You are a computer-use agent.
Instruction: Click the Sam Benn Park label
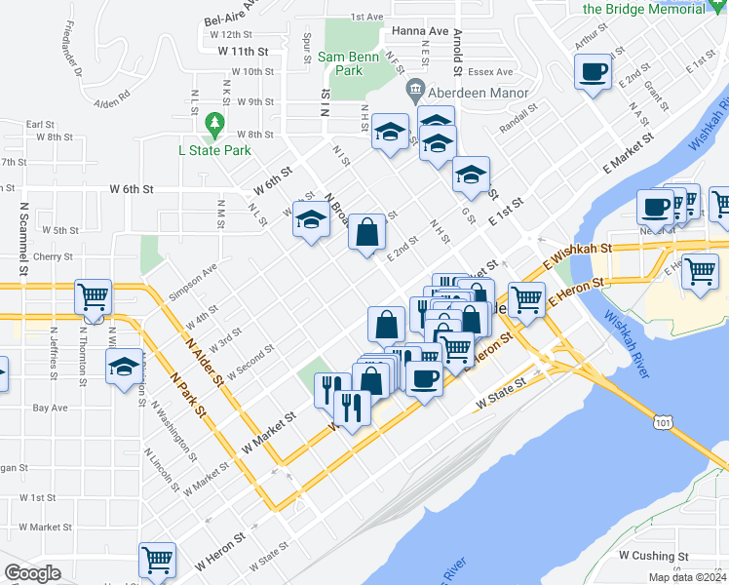[340, 63]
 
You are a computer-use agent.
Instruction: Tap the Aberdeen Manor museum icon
[415, 90]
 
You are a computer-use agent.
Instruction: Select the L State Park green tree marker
[214, 125]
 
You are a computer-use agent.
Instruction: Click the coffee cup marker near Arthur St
[593, 71]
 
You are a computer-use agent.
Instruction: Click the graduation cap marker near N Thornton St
[125, 367]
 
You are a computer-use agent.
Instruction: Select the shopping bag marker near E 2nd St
[366, 233]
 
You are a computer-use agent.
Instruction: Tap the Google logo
[32, 573]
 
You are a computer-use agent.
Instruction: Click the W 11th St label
[243, 50]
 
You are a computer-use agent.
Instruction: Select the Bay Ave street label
[49, 408]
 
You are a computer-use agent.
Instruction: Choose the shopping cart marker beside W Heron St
[156, 559]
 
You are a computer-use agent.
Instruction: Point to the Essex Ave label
[490, 72]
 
